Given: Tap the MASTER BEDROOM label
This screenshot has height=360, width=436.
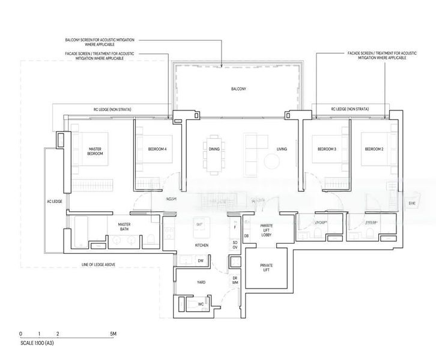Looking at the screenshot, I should (x=95, y=151).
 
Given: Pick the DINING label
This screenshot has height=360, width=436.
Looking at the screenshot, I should (x=214, y=148).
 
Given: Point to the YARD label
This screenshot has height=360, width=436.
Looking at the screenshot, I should (x=202, y=281).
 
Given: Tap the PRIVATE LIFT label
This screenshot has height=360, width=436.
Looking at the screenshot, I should (x=267, y=267).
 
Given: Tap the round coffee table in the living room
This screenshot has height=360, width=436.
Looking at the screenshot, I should (x=272, y=162).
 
